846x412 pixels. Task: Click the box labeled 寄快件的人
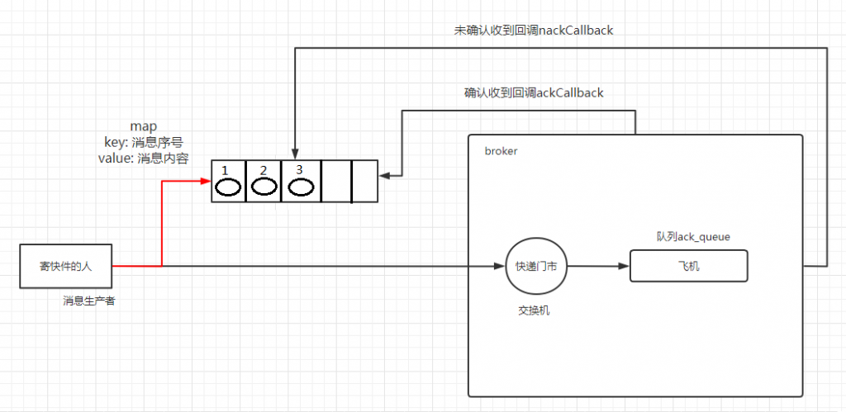click(x=66, y=266)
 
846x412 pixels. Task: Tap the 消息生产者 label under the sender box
click(x=89, y=301)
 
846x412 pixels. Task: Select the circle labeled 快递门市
click(x=536, y=267)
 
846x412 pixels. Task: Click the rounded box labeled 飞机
click(x=688, y=265)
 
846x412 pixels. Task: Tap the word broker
click(x=501, y=151)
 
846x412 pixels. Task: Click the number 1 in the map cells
click(x=226, y=170)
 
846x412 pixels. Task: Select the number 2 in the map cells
click(x=264, y=170)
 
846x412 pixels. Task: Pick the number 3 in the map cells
click(x=299, y=169)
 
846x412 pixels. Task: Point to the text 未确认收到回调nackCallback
click(x=534, y=31)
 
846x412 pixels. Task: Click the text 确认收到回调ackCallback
click(x=534, y=92)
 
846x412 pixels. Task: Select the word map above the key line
click(x=143, y=126)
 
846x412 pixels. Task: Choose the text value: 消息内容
click(x=143, y=158)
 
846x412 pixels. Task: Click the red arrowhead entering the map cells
click(x=207, y=181)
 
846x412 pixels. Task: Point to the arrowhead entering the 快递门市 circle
click(x=500, y=266)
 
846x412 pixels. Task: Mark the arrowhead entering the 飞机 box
click(x=625, y=266)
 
